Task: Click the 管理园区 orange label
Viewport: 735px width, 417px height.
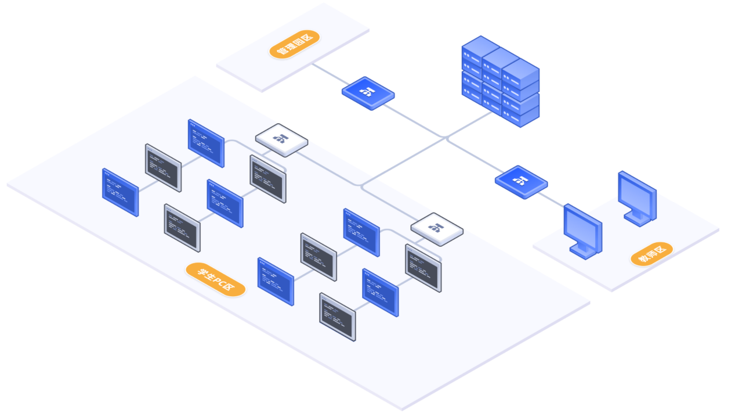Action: [294, 44]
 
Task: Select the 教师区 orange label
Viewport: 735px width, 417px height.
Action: [651, 254]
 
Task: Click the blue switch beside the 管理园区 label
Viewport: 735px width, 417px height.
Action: [368, 93]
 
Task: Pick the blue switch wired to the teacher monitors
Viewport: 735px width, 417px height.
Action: [521, 182]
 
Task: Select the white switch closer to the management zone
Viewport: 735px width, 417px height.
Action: [281, 140]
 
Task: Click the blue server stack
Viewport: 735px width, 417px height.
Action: [500, 81]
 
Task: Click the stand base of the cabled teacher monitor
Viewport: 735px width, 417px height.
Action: [582, 252]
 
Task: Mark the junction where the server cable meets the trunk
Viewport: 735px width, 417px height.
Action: [446, 138]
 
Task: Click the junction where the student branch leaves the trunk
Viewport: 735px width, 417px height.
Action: [361, 186]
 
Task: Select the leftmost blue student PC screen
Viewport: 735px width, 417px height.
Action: [120, 192]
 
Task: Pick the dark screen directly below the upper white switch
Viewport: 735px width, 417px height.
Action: [267, 178]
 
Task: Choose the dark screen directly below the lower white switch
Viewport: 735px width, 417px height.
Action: [423, 268]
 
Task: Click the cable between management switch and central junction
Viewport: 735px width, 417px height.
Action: [415, 120]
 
